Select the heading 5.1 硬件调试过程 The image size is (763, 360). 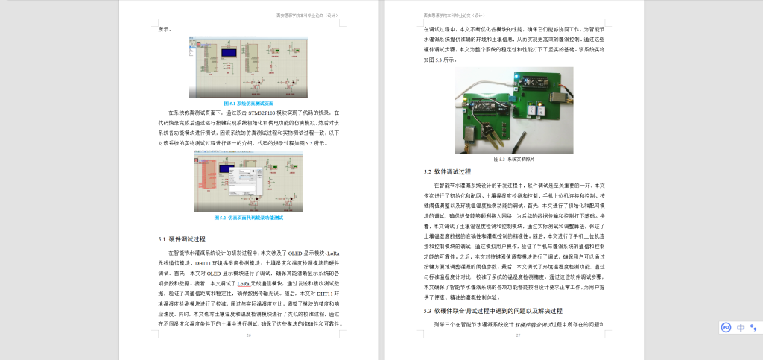click(182, 239)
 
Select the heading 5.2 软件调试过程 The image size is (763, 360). click(448, 171)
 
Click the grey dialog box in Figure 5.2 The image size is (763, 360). click(241, 179)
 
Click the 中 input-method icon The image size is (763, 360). click(741, 327)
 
